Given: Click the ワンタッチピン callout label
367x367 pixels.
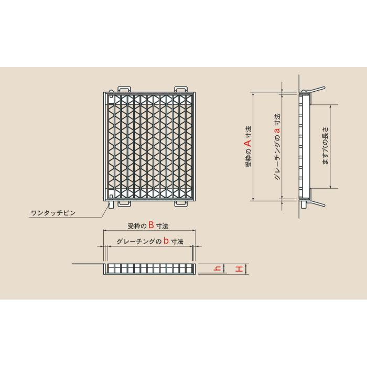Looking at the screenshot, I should (53, 213).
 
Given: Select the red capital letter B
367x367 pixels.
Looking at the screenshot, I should (151, 225).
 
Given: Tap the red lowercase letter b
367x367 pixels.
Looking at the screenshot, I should (165, 241).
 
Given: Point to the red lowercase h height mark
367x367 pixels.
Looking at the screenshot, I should (217, 268).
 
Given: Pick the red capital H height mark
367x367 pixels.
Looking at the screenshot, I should (239, 268).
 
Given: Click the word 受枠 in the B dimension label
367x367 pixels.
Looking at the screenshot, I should (133, 226).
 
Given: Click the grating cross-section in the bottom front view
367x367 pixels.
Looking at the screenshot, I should (150, 268).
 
